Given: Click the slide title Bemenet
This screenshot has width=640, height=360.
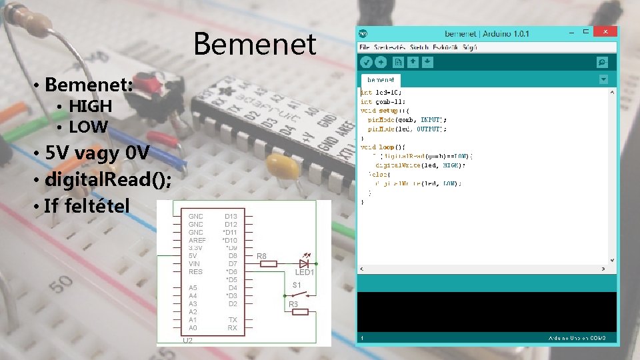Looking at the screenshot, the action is click(255, 44).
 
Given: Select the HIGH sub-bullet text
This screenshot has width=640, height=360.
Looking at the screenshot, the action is click(90, 106).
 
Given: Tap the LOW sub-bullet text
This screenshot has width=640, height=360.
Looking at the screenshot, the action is click(89, 126).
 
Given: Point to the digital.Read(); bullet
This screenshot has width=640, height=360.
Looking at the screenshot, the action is click(107, 179).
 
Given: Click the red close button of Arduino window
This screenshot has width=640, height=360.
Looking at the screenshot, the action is click(605, 31).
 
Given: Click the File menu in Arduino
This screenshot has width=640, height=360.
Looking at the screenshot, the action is click(364, 47).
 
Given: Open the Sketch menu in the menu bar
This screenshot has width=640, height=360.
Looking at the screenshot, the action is click(419, 47).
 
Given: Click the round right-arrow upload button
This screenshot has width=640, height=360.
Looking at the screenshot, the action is click(381, 62).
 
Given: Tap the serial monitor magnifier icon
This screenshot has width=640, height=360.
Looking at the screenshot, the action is click(603, 62).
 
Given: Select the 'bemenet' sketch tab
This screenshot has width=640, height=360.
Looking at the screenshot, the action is click(380, 79).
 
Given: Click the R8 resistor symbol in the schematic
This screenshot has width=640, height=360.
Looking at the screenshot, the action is click(267, 264).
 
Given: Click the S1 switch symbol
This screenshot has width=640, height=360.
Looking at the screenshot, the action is click(304, 293).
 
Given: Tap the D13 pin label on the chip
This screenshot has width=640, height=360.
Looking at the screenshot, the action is click(231, 216).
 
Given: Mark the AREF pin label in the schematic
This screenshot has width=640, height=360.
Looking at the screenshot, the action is click(197, 240).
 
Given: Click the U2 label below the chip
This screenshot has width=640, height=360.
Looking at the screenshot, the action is click(189, 341).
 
